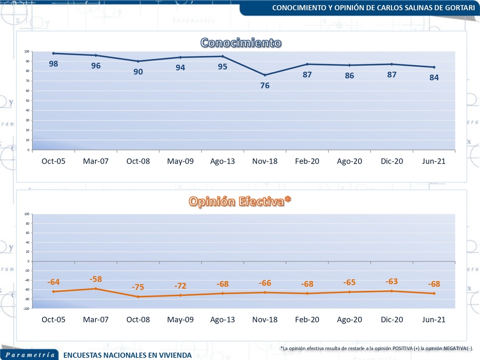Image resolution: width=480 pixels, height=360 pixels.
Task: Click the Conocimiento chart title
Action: [240, 43]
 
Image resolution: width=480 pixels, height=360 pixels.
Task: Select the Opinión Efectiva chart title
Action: [240, 202]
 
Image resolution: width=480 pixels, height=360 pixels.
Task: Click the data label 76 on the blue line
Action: [265, 85]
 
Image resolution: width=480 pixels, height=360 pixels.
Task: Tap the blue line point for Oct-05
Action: [54, 53]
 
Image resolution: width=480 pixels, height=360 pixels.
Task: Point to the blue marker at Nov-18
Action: [265, 75]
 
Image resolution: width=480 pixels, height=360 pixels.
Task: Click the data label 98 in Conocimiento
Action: [54, 64]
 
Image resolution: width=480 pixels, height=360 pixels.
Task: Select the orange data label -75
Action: [138, 287]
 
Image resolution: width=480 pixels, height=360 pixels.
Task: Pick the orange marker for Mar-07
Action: [96, 288]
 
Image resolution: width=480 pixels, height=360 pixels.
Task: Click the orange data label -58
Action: [96, 279]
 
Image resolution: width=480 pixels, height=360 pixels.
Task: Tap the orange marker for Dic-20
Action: [392, 291]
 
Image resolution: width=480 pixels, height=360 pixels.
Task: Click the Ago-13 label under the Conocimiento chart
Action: [222, 161]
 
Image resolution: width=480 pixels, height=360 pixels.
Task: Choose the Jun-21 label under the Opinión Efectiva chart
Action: [434, 320]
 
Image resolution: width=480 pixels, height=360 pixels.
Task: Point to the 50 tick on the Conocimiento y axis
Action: [28, 100]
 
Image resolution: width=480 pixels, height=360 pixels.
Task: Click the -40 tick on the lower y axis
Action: [28, 280]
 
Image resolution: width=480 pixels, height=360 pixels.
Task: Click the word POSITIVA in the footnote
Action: [406, 348]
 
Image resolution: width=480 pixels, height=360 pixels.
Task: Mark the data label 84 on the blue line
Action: [434, 78]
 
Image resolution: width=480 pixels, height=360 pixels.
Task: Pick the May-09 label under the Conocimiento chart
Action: [180, 161]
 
